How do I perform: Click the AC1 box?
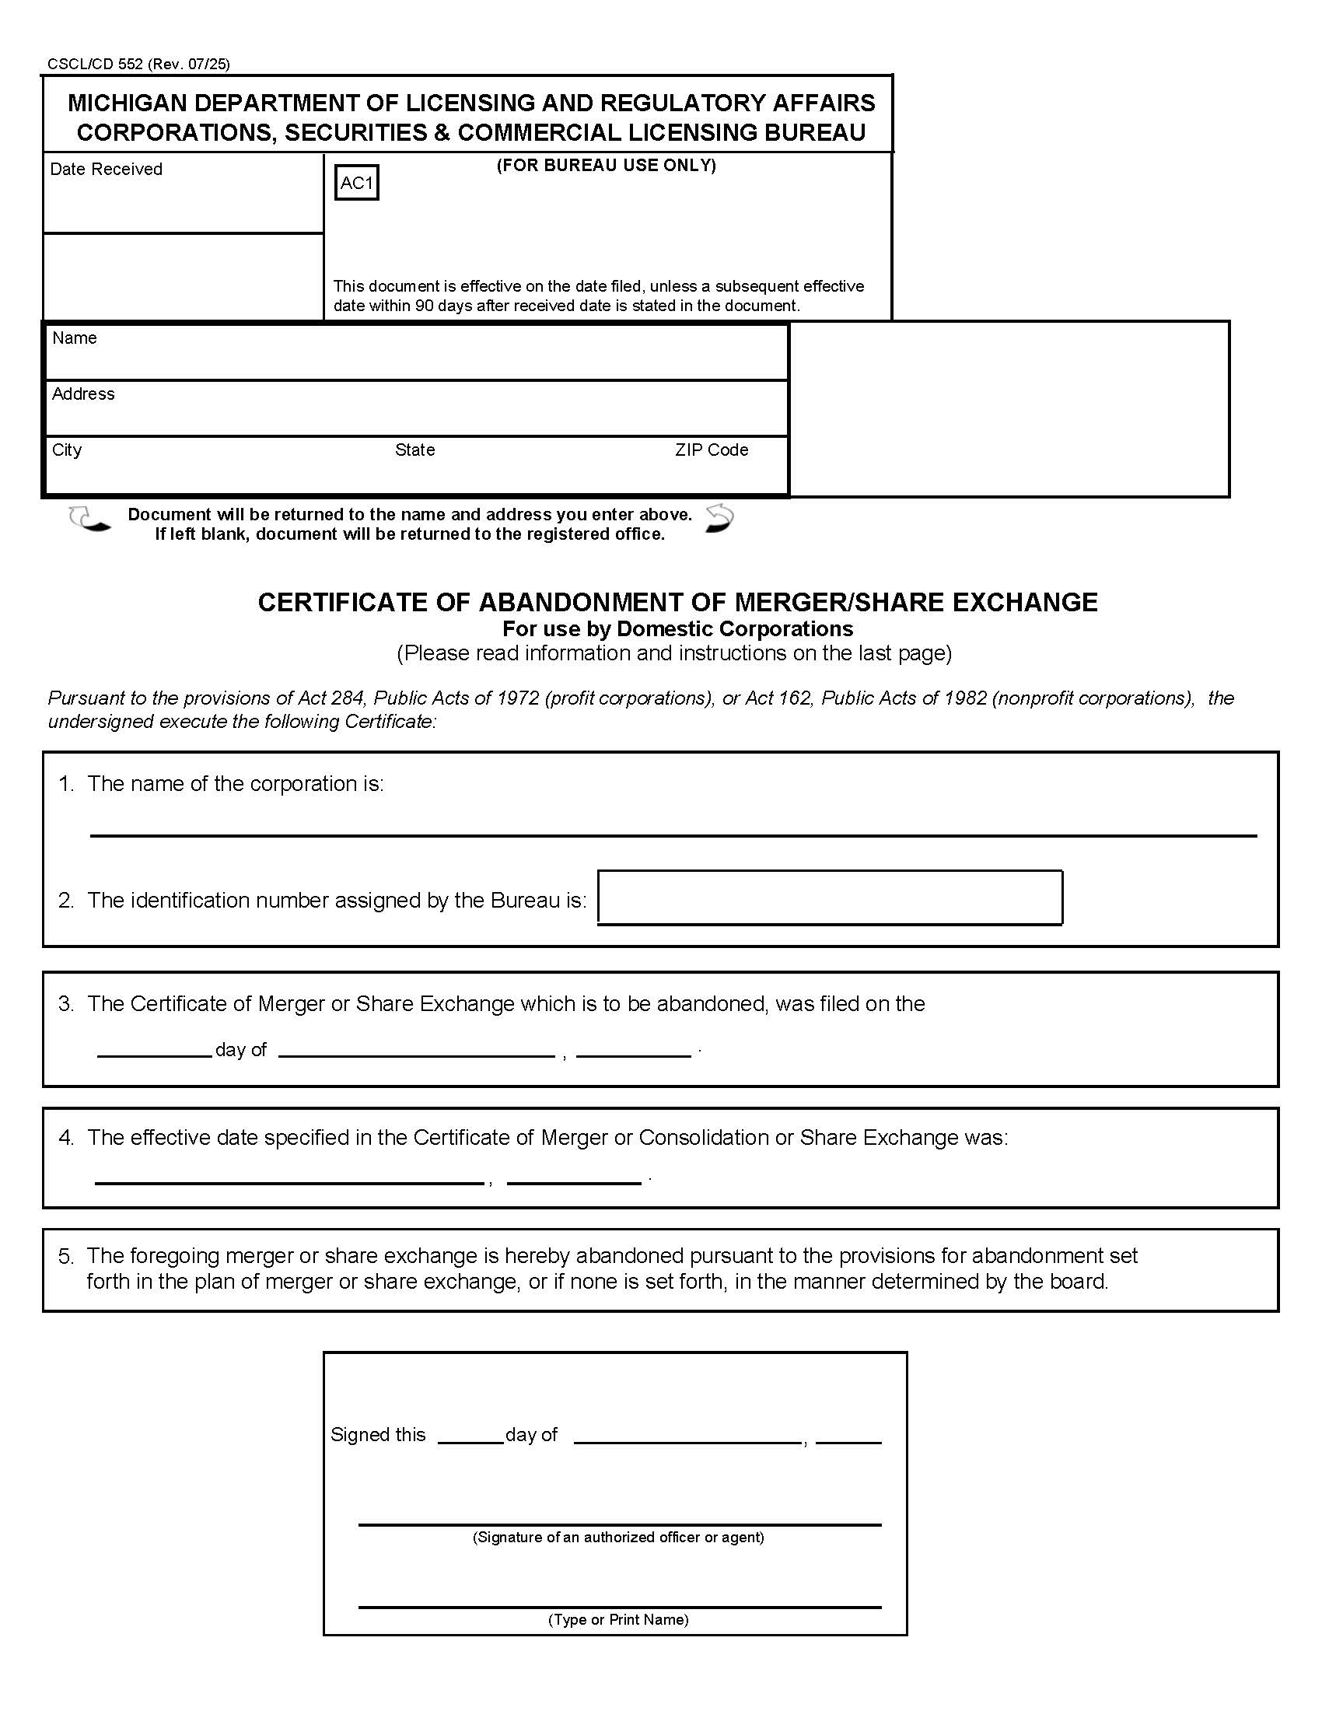tap(356, 183)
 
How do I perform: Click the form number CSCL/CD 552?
tap(95, 65)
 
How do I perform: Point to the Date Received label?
tap(106, 170)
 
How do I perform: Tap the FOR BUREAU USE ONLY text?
tap(607, 166)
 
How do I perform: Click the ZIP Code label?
tap(711, 450)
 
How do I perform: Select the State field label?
tap(414, 450)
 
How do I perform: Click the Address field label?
tap(83, 394)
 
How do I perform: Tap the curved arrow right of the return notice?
tap(719, 519)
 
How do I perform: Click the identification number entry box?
tap(830, 897)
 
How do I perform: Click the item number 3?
tap(66, 1003)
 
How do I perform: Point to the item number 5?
tap(66, 1256)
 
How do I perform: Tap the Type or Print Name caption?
tap(618, 1619)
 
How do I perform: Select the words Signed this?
tap(377, 1434)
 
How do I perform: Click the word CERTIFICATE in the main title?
tap(364, 602)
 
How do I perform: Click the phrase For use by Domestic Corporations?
tap(677, 629)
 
